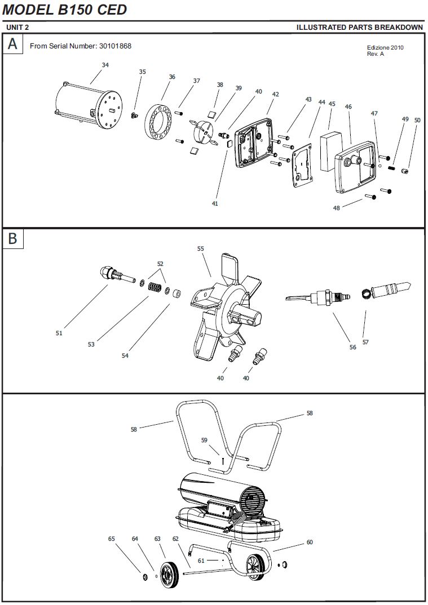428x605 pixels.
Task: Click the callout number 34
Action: pyautogui.click(x=105, y=65)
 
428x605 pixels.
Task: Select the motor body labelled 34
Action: pyautogui.click(x=90, y=109)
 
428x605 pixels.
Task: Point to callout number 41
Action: pyautogui.click(x=215, y=203)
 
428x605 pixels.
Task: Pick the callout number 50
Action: pyautogui.click(x=417, y=120)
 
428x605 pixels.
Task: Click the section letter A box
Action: pyautogui.click(x=12, y=44)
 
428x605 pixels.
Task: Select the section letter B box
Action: pyautogui.click(x=12, y=238)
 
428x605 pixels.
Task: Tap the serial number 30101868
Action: pyautogui.click(x=115, y=46)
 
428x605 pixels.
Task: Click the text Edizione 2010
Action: pyautogui.click(x=385, y=47)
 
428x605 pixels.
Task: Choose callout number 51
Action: pyautogui.click(x=59, y=333)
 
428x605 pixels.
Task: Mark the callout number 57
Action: pyautogui.click(x=365, y=342)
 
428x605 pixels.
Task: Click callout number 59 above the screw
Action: pyautogui.click(x=205, y=440)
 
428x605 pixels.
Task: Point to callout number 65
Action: pyautogui.click(x=112, y=539)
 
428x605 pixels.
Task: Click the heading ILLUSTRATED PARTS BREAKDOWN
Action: pyautogui.click(x=359, y=27)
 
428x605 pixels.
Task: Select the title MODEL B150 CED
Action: pyautogui.click(x=65, y=10)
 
